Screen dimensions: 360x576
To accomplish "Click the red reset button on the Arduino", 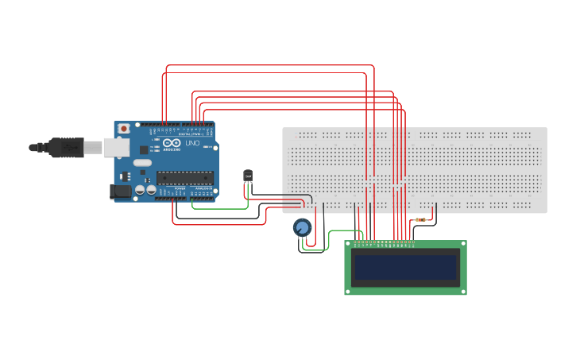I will pos(123,128).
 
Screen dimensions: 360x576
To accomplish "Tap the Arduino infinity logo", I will pos(171,143).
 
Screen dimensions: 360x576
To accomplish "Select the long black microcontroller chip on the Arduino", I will pos(184,177).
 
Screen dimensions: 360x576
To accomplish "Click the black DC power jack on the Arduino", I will pos(119,191).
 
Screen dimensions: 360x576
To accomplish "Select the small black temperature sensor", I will pos(248,176).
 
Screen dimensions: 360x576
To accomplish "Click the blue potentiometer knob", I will pos(302,228).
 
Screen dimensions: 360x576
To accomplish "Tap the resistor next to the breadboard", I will pos(420,219).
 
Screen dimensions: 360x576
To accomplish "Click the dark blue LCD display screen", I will pos(406,268).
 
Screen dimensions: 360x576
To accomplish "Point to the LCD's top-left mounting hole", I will pos(349,245).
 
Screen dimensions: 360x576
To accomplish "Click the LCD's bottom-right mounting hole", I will pos(462,290).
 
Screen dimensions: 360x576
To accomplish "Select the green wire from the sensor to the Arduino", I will pos(218,209).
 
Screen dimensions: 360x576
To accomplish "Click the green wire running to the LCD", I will pos(334,232).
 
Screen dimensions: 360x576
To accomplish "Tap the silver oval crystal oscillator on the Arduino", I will pos(142,163).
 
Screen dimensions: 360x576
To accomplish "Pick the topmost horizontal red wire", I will pos(270,65).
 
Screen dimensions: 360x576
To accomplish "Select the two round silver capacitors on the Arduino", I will pos(145,191).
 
